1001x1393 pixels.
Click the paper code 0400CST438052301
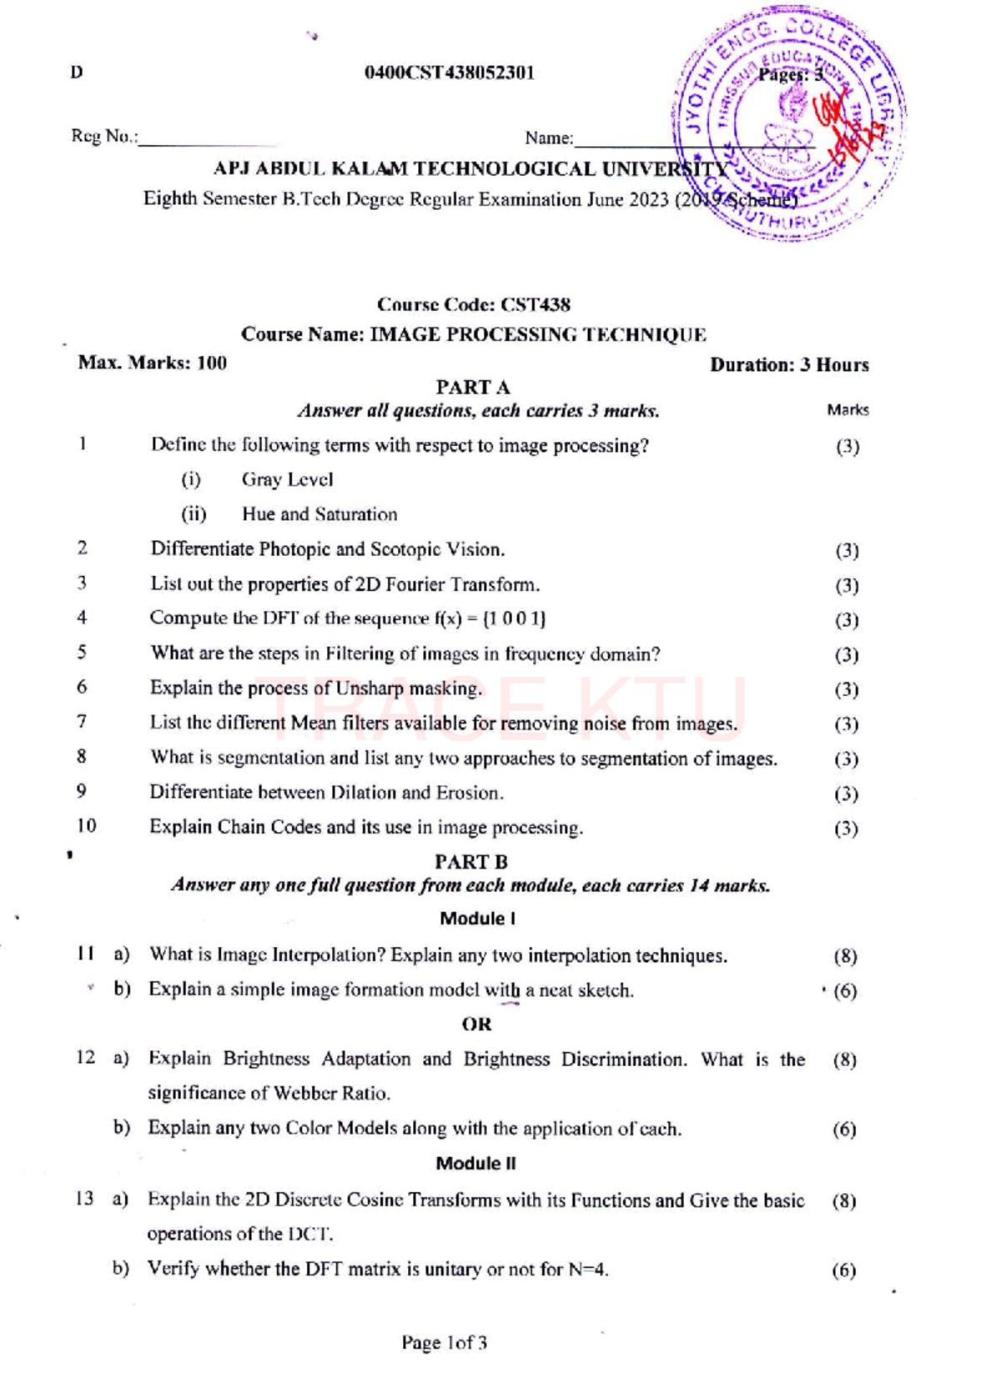click(x=449, y=73)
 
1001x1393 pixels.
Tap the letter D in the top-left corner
click(x=77, y=73)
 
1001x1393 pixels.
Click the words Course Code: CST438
click(x=473, y=305)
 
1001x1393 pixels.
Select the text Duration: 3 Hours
click(x=789, y=365)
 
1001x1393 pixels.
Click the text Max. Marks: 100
click(x=152, y=363)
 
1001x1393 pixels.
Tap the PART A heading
click(x=472, y=388)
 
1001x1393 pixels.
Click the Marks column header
click(x=848, y=410)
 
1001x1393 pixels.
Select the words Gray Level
click(x=287, y=480)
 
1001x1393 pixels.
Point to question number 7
click(x=82, y=722)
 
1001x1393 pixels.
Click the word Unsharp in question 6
click(x=367, y=689)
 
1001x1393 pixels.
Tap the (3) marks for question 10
click(x=846, y=829)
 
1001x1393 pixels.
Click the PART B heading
click(x=471, y=862)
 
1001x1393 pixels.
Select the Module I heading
click(x=477, y=919)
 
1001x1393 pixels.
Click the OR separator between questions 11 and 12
click(x=476, y=1025)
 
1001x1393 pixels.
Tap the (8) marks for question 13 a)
click(x=844, y=1201)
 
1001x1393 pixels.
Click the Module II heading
click(x=475, y=1164)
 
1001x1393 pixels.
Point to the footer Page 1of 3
click(x=444, y=1343)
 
